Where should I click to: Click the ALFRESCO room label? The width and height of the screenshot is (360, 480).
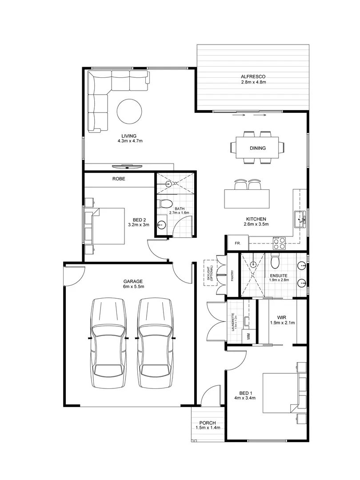pyautogui.click(x=253, y=76)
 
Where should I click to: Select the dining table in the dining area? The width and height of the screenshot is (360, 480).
pyautogui.click(x=257, y=148)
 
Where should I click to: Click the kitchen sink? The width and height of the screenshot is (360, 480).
pyautogui.click(x=300, y=219)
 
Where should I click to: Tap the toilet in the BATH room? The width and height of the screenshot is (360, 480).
pyautogui.click(x=166, y=204)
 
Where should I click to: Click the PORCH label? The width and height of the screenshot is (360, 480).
pyautogui.click(x=208, y=423)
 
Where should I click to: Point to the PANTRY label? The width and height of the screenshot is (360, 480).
pyautogui.click(x=233, y=276)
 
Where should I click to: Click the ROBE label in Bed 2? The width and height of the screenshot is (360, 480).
pyautogui.click(x=119, y=179)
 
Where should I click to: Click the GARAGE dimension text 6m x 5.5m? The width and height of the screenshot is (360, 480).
pyautogui.click(x=133, y=287)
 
